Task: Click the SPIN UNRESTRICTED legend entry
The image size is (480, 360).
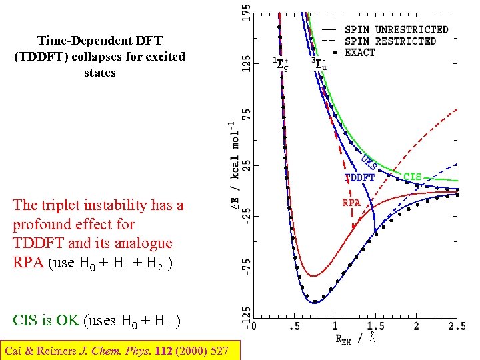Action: (395, 30)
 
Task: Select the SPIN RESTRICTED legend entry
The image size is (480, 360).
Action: (389, 41)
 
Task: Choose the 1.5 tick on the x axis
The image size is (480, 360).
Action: (375, 326)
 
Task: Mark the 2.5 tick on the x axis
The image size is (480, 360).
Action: (457, 326)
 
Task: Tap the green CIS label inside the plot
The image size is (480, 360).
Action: (413, 177)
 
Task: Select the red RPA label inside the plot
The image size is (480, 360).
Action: (351, 202)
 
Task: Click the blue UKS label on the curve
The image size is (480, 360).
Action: (369, 163)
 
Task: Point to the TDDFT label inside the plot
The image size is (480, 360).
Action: (359, 178)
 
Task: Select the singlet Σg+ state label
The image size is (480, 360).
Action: (281, 64)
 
